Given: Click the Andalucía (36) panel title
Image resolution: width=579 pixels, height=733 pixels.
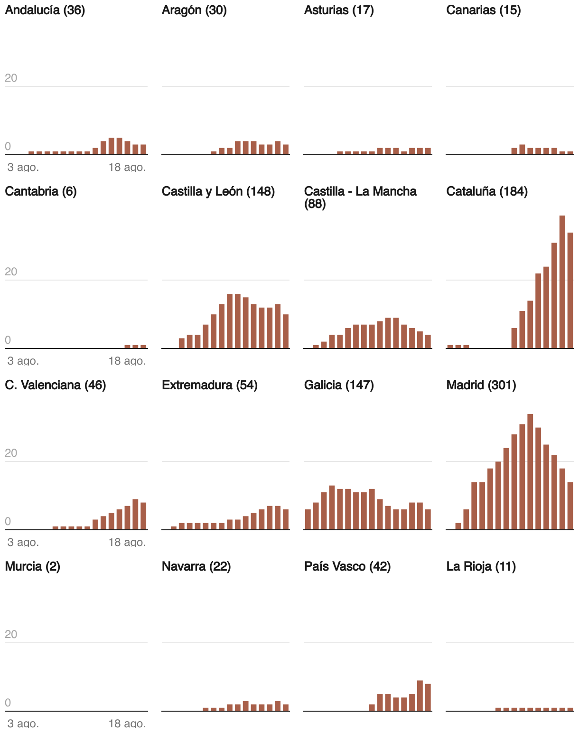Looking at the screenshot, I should (45, 10).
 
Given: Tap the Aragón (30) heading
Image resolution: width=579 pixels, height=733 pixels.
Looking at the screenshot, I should (194, 10).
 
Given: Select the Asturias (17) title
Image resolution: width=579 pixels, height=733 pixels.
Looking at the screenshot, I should (339, 10).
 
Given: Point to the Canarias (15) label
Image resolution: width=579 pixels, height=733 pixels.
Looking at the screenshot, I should (484, 10).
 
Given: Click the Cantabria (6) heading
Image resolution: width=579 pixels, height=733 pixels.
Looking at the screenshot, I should (41, 191).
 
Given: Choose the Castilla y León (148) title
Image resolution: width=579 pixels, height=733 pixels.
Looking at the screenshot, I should (218, 191).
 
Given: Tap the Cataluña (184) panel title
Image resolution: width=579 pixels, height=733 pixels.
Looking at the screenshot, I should (487, 191).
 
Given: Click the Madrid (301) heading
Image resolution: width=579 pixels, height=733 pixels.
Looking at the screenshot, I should (481, 385).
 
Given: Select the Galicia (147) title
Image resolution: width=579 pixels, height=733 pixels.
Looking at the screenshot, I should (339, 385).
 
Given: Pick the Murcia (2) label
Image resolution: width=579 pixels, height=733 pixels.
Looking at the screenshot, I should (32, 566).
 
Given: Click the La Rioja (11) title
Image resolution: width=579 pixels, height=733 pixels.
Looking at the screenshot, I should (481, 566).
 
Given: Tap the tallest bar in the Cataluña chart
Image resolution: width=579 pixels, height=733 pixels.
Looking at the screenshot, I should (562, 282).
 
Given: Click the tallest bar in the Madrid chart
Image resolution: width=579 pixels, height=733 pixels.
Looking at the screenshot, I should (530, 472).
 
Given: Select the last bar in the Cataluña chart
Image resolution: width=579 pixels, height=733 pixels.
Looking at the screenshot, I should (570, 291).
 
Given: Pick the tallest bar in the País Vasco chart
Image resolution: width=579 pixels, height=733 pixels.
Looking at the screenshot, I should (420, 695).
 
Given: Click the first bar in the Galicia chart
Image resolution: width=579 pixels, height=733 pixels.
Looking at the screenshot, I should (308, 519).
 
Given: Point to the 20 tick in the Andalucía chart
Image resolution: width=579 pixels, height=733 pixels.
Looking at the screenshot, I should (11, 78).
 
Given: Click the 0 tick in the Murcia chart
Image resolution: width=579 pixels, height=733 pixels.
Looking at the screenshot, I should (8, 703).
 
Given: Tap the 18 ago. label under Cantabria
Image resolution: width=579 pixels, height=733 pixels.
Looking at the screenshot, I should (127, 361).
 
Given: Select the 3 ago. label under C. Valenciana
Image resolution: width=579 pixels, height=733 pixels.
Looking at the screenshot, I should (23, 543).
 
